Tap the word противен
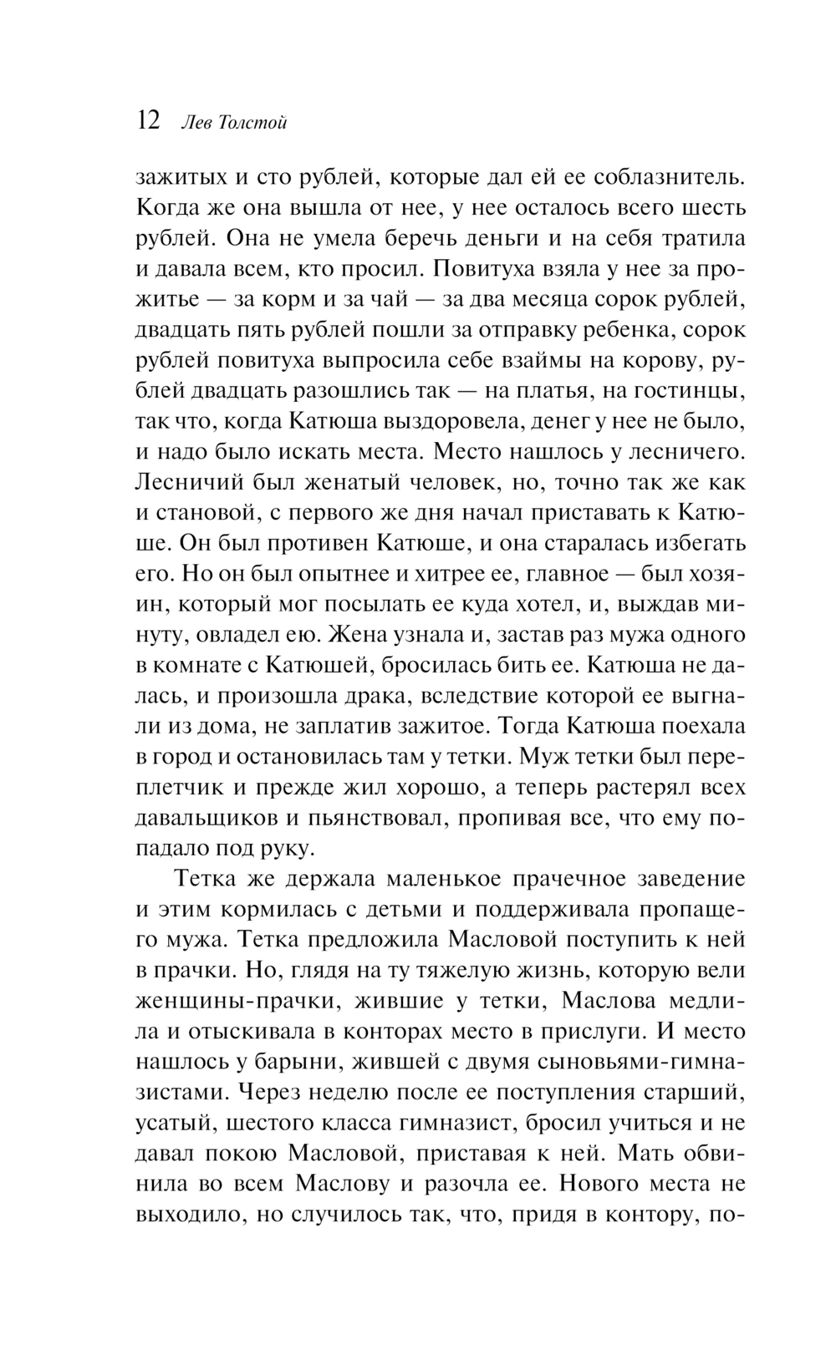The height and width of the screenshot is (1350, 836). point(319,542)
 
